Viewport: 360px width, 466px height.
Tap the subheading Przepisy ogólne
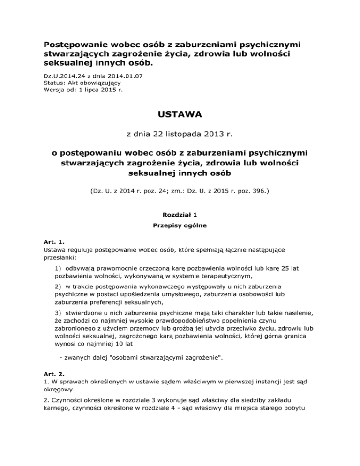coord(180,225)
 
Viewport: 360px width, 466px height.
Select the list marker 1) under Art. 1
coord(59,269)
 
